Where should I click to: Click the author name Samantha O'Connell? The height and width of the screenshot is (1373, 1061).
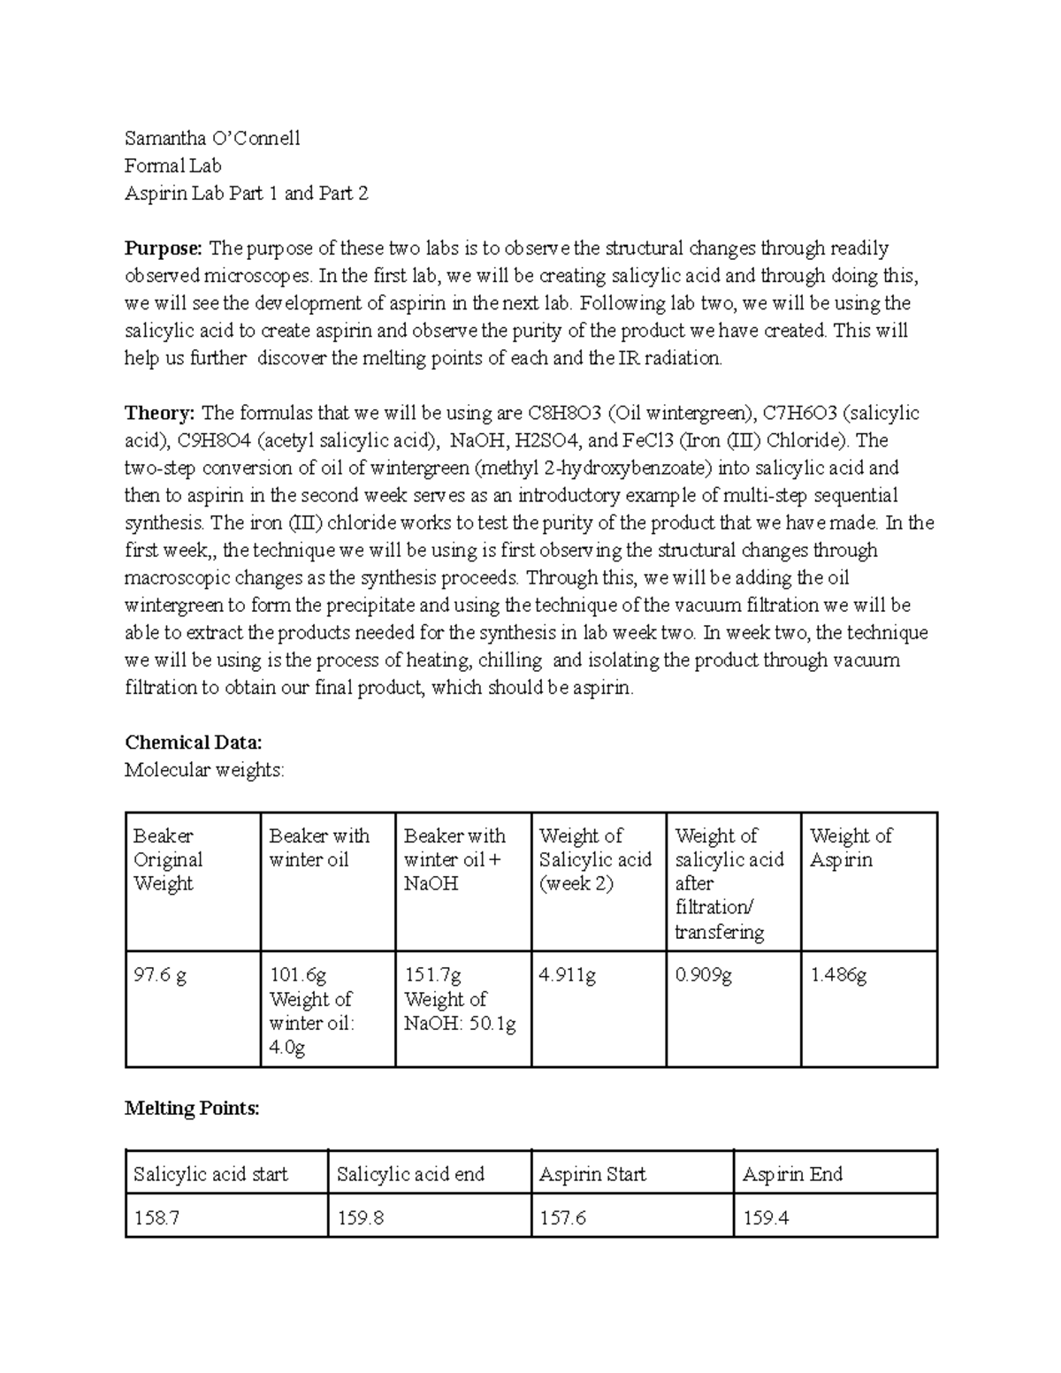point(212,138)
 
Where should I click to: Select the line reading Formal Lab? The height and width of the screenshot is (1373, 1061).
point(172,165)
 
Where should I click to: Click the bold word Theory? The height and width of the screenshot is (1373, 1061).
point(159,413)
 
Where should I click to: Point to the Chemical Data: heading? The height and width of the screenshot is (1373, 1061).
point(194,742)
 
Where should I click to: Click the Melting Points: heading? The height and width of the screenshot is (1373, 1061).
point(192,1108)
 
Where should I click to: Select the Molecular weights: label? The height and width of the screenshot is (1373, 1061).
point(204,770)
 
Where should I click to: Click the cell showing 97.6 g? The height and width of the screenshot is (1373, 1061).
point(160,975)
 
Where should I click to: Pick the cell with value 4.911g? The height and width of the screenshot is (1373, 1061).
point(567,975)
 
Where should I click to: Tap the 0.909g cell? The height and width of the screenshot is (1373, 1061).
point(703,975)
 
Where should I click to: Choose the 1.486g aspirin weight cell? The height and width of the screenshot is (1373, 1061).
point(838,975)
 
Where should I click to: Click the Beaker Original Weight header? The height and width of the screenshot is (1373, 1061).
point(168,859)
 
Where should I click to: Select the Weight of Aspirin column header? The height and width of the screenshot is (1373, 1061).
point(851,848)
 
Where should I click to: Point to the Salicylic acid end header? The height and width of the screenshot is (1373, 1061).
point(410,1174)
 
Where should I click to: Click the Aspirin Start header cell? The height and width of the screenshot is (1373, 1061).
point(592,1174)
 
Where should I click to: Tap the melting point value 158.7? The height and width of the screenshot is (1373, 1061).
point(156,1218)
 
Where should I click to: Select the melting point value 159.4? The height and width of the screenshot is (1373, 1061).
point(766,1218)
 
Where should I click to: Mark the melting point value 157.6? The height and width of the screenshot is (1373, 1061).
point(562,1218)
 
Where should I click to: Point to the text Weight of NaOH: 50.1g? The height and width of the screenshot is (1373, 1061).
point(460,1011)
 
